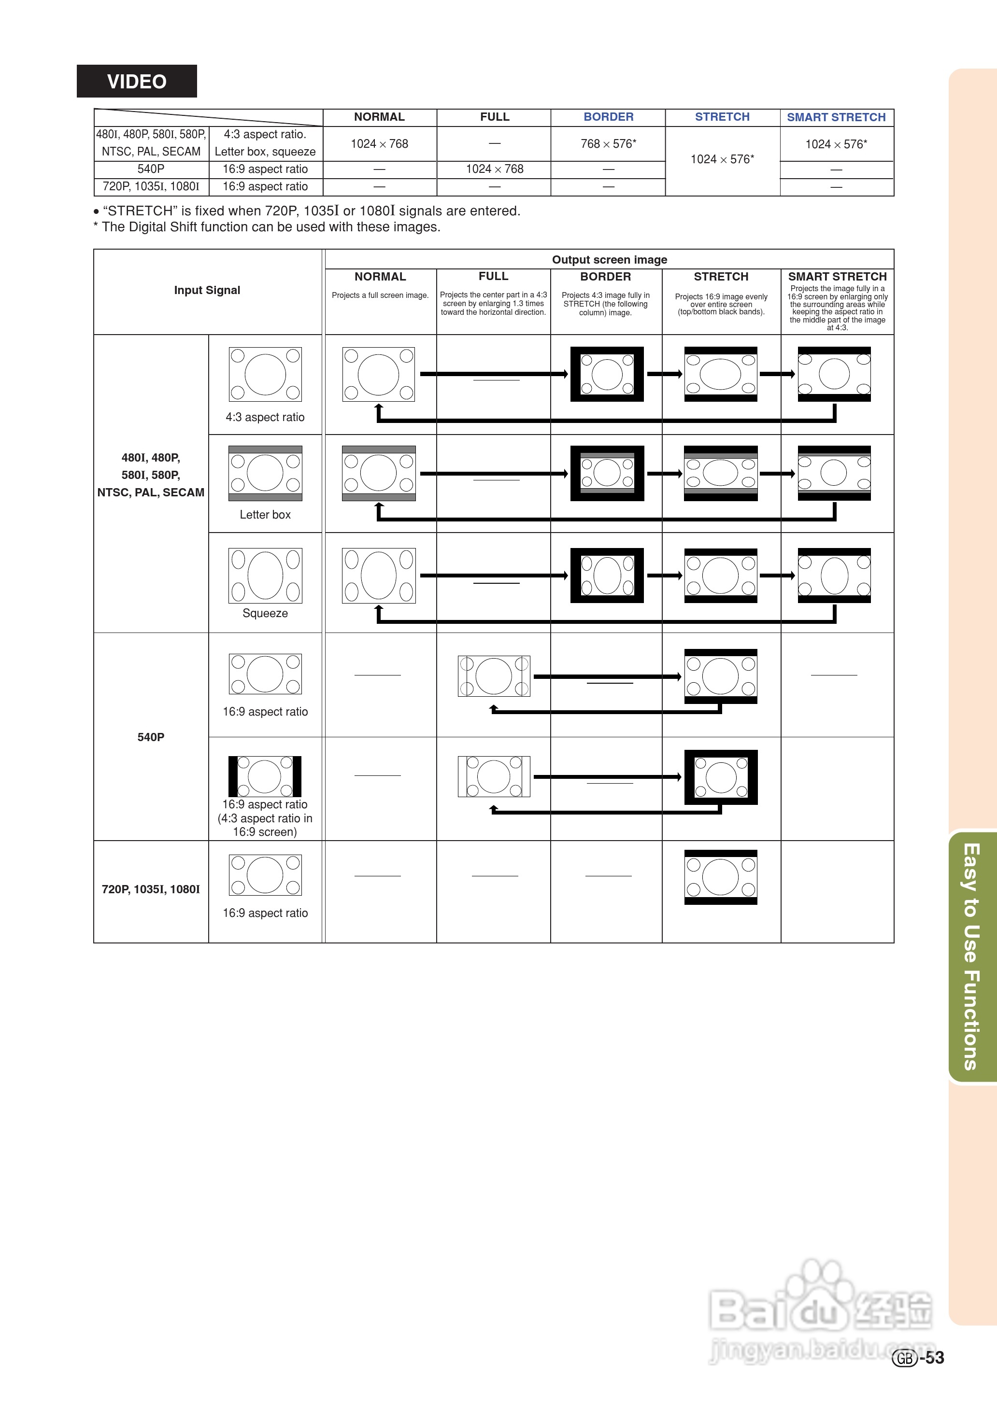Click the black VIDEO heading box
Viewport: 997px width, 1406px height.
[136, 81]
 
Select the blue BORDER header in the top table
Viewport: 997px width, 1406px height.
[608, 117]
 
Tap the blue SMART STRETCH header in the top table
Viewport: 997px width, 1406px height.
[836, 117]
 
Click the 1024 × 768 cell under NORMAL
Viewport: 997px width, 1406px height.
[379, 143]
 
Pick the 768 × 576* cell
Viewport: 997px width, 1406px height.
[608, 143]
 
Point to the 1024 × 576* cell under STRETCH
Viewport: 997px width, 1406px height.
[722, 159]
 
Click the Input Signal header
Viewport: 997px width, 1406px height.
[207, 290]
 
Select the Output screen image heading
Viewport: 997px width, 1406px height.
[609, 260]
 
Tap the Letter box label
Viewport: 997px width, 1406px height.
[265, 515]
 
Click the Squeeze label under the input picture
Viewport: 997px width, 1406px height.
[265, 613]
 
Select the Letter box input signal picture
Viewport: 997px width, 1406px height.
[265, 473]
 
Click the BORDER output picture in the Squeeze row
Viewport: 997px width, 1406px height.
[607, 576]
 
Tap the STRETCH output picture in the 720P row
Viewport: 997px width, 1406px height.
[721, 877]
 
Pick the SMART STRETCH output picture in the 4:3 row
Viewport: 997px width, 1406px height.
[834, 374]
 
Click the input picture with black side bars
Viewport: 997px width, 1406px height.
[265, 776]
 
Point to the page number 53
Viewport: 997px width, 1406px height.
[934, 1358]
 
